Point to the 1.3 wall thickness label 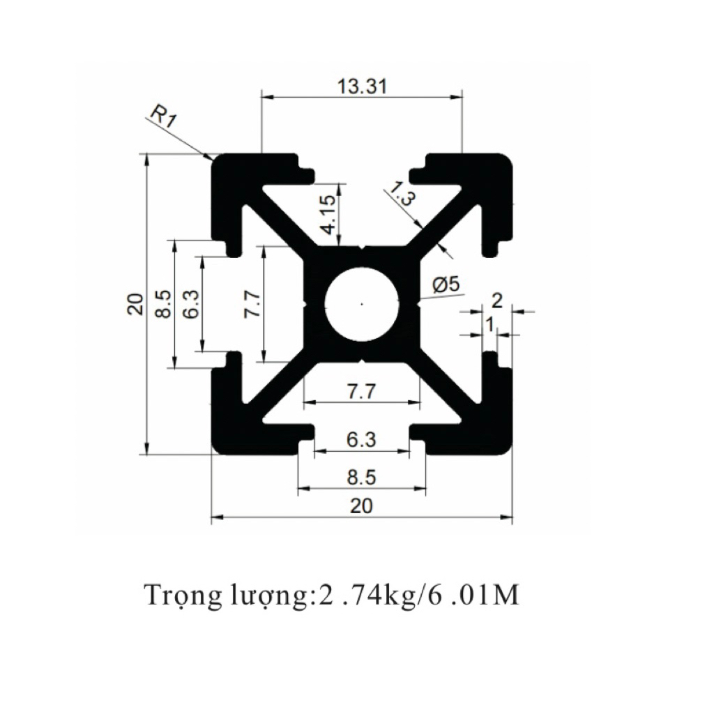pyautogui.click(x=401, y=193)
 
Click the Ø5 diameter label pyautogui.click(x=446, y=284)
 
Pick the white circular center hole pyautogui.click(x=362, y=304)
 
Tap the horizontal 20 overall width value pyautogui.click(x=361, y=506)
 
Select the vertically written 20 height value pyautogui.click(x=135, y=304)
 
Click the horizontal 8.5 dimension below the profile pyautogui.click(x=361, y=478)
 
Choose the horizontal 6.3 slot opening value pyautogui.click(x=361, y=440)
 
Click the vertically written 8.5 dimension pyautogui.click(x=163, y=304)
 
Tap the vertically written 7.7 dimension pyautogui.click(x=252, y=304)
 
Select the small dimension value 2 pyautogui.click(x=497, y=301)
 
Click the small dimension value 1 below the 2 pyautogui.click(x=489, y=324)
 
